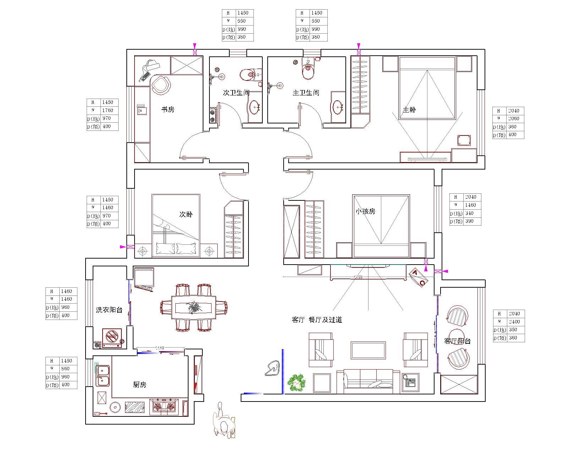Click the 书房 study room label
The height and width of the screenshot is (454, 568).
168,110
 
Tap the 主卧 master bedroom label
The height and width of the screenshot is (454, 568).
409,110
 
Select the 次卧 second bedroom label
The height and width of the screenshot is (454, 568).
186,214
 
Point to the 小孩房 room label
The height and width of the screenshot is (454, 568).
365,211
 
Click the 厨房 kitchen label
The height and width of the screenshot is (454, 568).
140,384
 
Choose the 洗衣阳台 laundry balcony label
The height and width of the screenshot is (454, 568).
109,310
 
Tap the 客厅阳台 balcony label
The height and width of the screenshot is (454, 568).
458,341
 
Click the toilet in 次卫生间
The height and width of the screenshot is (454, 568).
248,75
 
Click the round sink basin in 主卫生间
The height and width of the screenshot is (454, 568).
338,106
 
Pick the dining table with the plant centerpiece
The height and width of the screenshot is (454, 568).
193,308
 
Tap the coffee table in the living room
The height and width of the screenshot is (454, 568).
368,350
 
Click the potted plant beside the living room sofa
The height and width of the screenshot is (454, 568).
296,383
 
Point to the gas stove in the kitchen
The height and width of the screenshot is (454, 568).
164,406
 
